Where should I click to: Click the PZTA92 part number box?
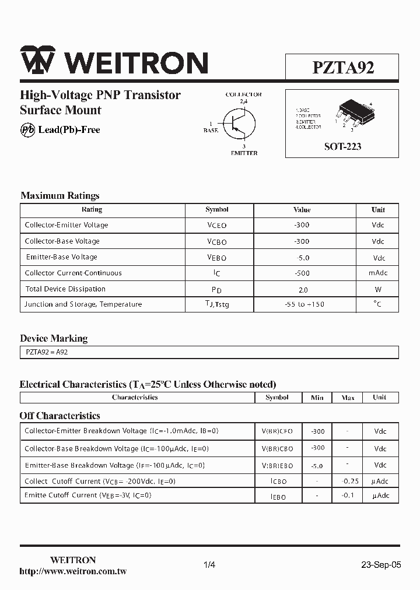pyautogui.click(x=343, y=67)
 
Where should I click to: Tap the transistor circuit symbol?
pyautogui.click(x=237, y=122)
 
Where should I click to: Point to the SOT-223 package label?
pyautogui.click(x=342, y=146)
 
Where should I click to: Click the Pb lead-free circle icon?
pyautogui.click(x=27, y=130)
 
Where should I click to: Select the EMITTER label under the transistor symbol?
pyautogui.click(x=244, y=153)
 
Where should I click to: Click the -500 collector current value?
pyautogui.click(x=302, y=273)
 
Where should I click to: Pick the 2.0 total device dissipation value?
pyautogui.click(x=302, y=289)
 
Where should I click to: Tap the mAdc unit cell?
pyautogui.click(x=378, y=273)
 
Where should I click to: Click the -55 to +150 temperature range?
pyautogui.click(x=302, y=304)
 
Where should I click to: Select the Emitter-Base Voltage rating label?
pyautogui.click(x=62, y=257)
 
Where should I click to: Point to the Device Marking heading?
pyautogui.click(x=54, y=338)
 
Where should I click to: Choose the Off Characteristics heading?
pyautogui.click(x=60, y=416)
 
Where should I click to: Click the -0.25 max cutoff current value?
pyautogui.click(x=348, y=481)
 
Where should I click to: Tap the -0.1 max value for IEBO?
pyautogui.click(x=348, y=496)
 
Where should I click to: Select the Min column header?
pyautogui.click(x=317, y=398)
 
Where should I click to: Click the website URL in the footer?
pyautogui.click(x=73, y=571)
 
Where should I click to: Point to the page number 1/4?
pyautogui.click(x=209, y=565)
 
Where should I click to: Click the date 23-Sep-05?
pyautogui.click(x=381, y=565)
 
